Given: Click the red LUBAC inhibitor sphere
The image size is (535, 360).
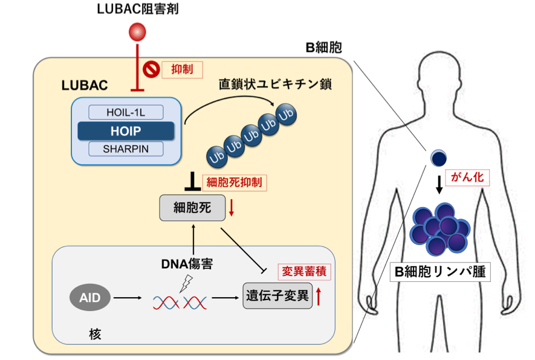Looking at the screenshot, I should click(x=138, y=31).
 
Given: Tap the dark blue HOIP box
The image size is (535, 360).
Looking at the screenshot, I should click(x=126, y=130).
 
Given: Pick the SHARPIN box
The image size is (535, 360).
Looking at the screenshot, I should click(x=126, y=149).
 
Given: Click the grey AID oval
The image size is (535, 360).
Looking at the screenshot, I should click(x=89, y=297).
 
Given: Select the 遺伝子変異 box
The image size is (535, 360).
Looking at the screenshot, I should click(x=277, y=296).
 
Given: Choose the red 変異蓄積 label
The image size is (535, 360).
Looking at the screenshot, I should click(x=303, y=272).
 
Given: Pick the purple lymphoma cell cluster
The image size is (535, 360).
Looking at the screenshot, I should click(x=439, y=229).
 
